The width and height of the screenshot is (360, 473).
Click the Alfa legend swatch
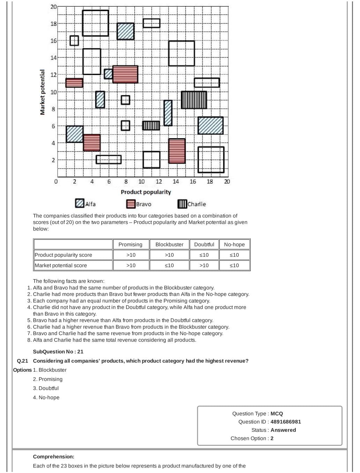(80, 204)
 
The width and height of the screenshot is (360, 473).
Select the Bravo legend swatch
(131, 204)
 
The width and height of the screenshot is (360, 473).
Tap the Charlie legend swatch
(182, 204)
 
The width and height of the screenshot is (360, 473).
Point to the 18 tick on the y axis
(53, 24)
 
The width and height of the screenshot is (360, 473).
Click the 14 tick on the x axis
(176, 182)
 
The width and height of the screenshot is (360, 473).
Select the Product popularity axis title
(146, 192)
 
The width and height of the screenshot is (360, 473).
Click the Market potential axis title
(43, 92)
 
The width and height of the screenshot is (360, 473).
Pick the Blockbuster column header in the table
(169, 245)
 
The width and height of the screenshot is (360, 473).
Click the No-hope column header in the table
(234, 245)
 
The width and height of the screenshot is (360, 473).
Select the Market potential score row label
(61, 266)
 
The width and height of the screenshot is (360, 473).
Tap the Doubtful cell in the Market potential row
(204, 266)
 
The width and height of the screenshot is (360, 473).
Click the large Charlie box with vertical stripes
(194, 100)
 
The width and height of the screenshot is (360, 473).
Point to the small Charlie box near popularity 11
(151, 125)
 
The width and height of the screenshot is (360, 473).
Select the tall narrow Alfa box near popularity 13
(168, 113)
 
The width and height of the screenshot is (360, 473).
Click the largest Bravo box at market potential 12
(125, 74)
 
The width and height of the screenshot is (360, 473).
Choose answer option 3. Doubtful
(46, 388)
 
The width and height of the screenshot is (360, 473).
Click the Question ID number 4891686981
(285, 422)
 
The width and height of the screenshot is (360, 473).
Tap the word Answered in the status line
(283, 430)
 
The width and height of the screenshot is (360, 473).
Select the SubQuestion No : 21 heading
(58, 352)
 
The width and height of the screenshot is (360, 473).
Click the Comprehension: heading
(54, 456)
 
